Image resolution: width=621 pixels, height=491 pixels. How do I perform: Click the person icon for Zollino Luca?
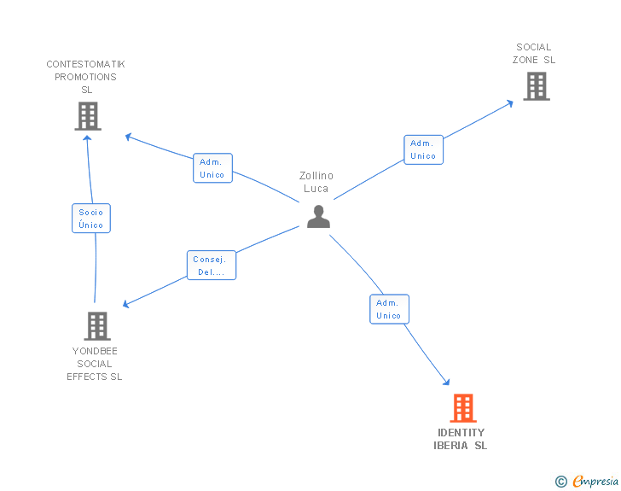click(x=318, y=217)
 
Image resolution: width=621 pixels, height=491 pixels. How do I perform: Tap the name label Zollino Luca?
click(x=316, y=182)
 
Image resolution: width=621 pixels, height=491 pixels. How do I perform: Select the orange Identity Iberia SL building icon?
click(x=462, y=408)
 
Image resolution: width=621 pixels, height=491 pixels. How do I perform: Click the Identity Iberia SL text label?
click(x=461, y=439)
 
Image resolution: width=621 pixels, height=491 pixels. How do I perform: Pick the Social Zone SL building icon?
click(x=536, y=86)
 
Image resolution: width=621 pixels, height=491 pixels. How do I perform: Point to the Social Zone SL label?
click(x=534, y=53)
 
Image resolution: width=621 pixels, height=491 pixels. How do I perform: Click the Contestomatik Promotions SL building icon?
click(x=88, y=116)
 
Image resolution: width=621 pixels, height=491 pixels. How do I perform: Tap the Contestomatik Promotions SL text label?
click(x=85, y=77)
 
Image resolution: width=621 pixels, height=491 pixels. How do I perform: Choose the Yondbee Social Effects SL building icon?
click(x=97, y=325)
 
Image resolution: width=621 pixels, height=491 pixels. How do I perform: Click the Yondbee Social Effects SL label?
click(x=95, y=364)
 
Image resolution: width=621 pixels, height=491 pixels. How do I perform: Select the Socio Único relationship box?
click(x=91, y=219)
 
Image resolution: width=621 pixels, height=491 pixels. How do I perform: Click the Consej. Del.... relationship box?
click(x=211, y=266)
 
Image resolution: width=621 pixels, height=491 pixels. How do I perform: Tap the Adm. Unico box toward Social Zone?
click(x=423, y=149)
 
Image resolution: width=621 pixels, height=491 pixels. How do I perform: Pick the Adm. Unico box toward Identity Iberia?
click(x=389, y=309)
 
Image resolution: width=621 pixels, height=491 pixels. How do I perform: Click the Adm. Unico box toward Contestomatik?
click(x=212, y=168)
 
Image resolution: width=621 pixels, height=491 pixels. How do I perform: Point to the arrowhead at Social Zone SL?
click(x=510, y=102)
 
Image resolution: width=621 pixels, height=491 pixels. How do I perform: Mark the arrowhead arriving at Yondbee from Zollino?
click(x=125, y=305)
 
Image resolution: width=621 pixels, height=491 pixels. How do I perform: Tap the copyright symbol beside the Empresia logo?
click(x=561, y=482)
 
